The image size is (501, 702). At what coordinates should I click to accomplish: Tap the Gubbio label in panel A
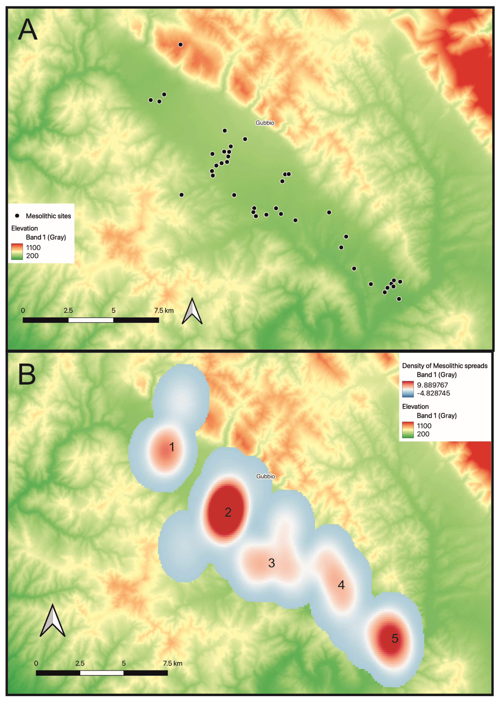point(265,123)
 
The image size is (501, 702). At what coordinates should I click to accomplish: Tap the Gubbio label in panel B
point(265,476)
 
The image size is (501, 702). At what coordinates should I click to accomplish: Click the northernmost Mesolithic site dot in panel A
point(181,44)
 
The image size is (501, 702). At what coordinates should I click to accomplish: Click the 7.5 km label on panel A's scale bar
point(164,311)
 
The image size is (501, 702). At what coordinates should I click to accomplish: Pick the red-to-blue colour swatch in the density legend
point(408,389)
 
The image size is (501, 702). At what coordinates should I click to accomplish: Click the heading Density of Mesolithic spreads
point(445,366)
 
